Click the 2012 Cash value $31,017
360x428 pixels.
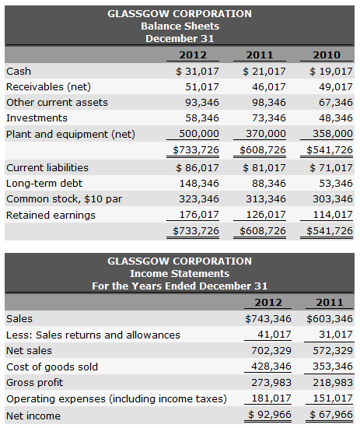(x=198, y=72)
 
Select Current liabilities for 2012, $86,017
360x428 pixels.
(x=198, y=167)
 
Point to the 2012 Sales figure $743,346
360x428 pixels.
(x=268, y=318)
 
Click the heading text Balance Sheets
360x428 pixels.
(x=180, y=26)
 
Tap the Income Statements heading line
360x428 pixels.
(x=180, y=273)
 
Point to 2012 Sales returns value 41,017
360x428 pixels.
(x=271, y=335)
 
